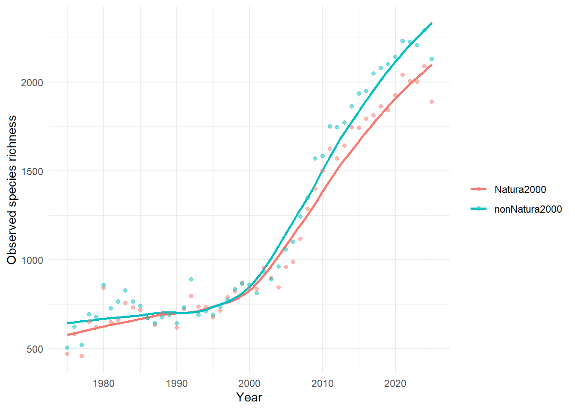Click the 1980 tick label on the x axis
point(104,384)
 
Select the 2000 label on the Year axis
point(249,384)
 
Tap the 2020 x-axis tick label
point(395,384)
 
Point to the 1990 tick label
point(177,384)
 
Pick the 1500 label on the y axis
point(32,171)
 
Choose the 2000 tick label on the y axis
point(32,82)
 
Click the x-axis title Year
point(249,397)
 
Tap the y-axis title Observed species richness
point(12,190)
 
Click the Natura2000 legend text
point(520,190)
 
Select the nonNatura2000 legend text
point(528,209)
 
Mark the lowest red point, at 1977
point(82,356)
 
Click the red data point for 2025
point(432,102)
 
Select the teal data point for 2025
point(432,59)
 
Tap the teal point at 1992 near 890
point(191,279)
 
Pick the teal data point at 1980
point(104,285)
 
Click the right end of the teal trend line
point(431,23)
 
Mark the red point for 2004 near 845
point(279,287)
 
